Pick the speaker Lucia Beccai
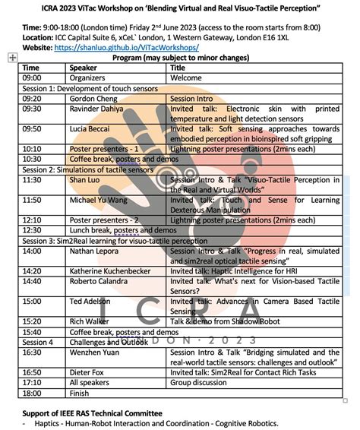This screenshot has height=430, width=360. tap(90, 128)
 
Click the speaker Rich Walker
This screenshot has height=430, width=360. tap(88, 321)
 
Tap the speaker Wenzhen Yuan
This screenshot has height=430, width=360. tap(94, 352)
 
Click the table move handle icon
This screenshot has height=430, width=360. tap(12, 58)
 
